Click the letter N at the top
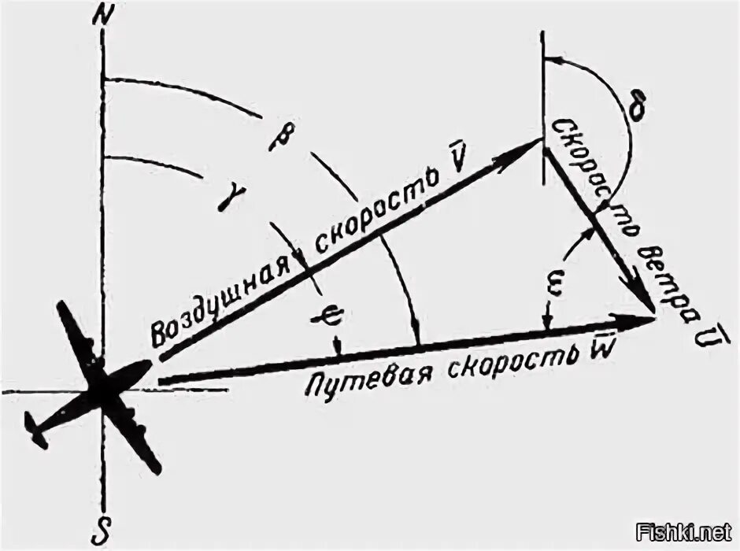(100, 17)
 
